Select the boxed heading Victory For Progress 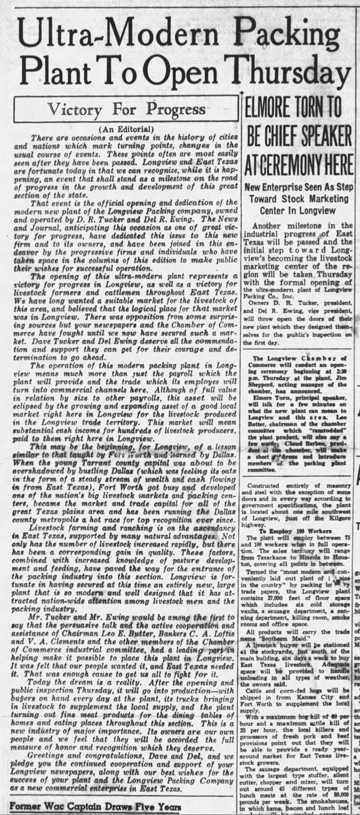pyautogui.click(x=127, y=109)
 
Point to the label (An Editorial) pyautogui.click(x=126, y=129)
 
